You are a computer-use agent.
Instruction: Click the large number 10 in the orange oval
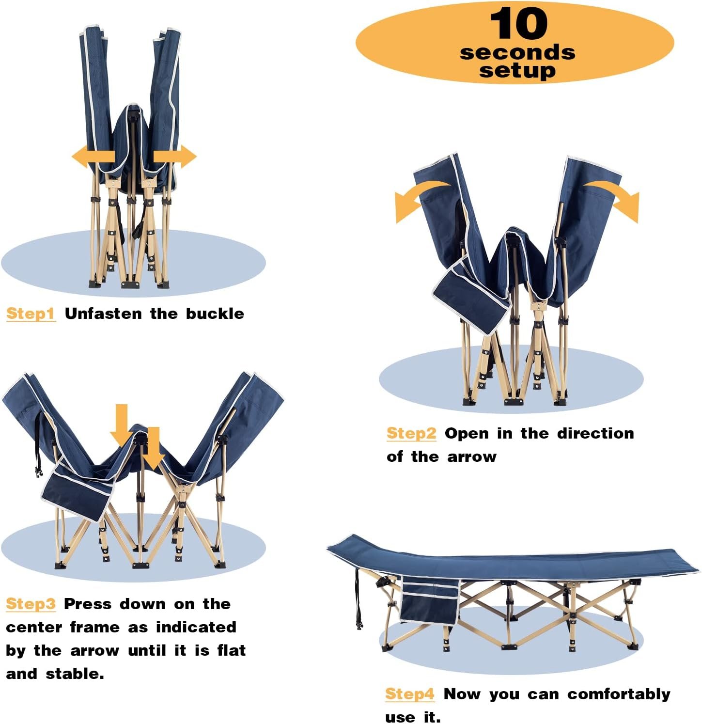tap(518, 24)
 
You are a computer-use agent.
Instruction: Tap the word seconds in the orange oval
tap(517, 52)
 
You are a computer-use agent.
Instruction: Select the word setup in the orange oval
tap(517, 71)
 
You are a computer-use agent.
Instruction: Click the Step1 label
tap(31, 314)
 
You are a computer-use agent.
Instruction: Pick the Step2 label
tap(411, 433)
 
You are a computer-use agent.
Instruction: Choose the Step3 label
tap(31, 604)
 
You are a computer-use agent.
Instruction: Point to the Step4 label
tap(410, 694)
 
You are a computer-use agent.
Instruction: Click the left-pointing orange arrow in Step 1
tap(93, 156)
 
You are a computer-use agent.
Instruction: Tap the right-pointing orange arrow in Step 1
tap(175, 156)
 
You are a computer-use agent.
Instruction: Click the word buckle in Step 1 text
tap(215, 314)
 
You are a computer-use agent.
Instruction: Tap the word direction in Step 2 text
tap(595, 433)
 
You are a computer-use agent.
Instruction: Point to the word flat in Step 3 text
tap(232, 650)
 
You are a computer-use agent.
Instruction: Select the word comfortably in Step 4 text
tap(619, 694)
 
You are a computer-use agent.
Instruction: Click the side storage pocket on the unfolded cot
tap(429, 599)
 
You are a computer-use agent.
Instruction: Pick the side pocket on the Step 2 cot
tap(471, 295)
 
